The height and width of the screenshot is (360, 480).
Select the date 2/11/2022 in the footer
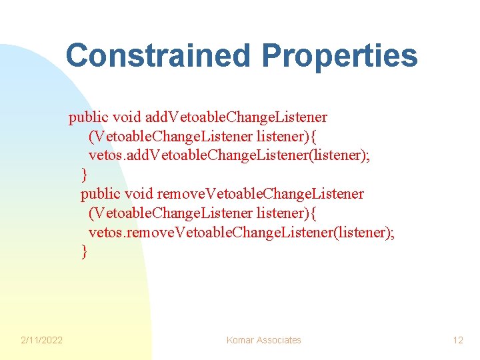[41, 340]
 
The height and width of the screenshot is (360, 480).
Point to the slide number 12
[457, 340]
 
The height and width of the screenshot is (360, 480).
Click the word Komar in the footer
[240, 340]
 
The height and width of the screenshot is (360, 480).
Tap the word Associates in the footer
[278, 340]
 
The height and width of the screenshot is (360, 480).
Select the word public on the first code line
[89, 118]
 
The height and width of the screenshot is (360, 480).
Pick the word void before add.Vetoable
[127, 118]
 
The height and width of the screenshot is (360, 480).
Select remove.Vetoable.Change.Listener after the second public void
[261, 194]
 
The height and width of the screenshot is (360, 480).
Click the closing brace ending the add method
[84, 175]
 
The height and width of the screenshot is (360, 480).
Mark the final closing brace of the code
[84, 251]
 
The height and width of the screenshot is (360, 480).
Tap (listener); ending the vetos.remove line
[363, 232]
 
